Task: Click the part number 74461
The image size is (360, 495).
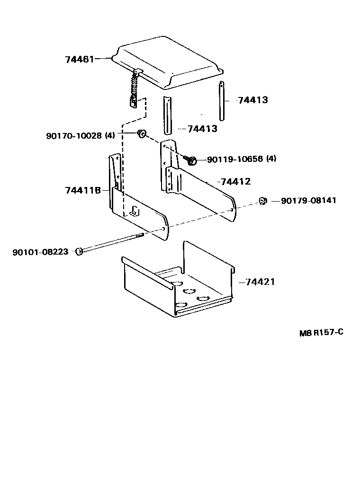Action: (x=80, y=59)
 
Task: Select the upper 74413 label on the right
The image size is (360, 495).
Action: (x=252, y=100)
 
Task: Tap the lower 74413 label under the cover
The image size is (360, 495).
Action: (x=202, y=129)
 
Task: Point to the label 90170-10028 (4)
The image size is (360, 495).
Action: (x=80, y=136)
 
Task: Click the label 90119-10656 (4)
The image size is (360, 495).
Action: (x=241, y=159)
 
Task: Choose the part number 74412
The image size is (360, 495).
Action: (x=235, y=182)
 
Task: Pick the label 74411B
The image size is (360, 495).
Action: (x=83, y=190)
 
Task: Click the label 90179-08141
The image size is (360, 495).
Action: (x=308, y=201)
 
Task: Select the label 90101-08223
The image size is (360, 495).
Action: (x=40, y=252)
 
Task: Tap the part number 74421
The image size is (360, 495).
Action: (x=260, y=282)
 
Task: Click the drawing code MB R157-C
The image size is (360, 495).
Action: (x=321, y=332)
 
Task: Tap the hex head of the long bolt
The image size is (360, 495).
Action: (x=79, y=251)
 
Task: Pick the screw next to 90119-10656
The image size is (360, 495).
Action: (x=191, y=161)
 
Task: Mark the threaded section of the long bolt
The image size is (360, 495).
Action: (x=139, y=235)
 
